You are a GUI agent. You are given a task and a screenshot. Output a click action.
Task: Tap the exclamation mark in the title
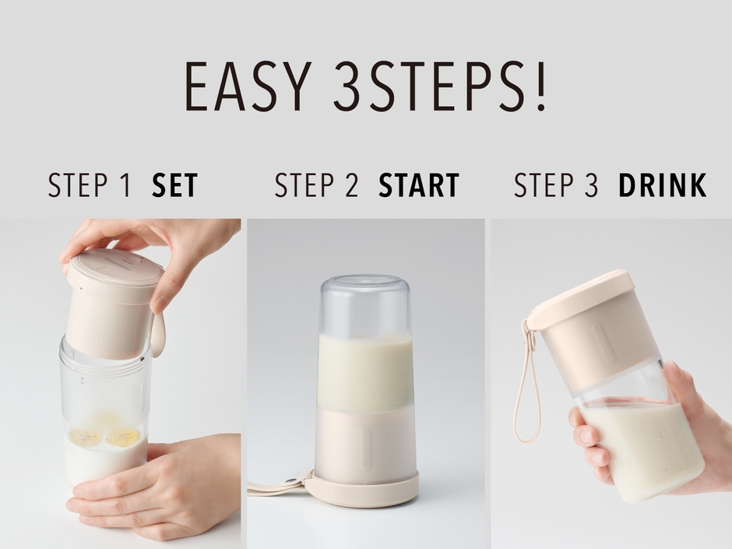point(541,86)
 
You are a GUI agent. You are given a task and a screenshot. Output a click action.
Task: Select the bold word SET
point(175,185)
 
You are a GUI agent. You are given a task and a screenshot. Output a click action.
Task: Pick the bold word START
point(419,185)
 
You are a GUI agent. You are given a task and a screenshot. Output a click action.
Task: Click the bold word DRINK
point(663,185)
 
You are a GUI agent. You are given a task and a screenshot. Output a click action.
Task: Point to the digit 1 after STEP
point(125,185)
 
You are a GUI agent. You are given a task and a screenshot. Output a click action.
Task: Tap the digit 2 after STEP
point(351,185)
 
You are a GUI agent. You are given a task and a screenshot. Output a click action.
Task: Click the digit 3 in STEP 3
point(591,185)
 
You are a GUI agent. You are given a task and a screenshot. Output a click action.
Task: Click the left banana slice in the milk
point(86,437)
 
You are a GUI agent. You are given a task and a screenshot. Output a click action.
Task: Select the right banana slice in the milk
point(123,437)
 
